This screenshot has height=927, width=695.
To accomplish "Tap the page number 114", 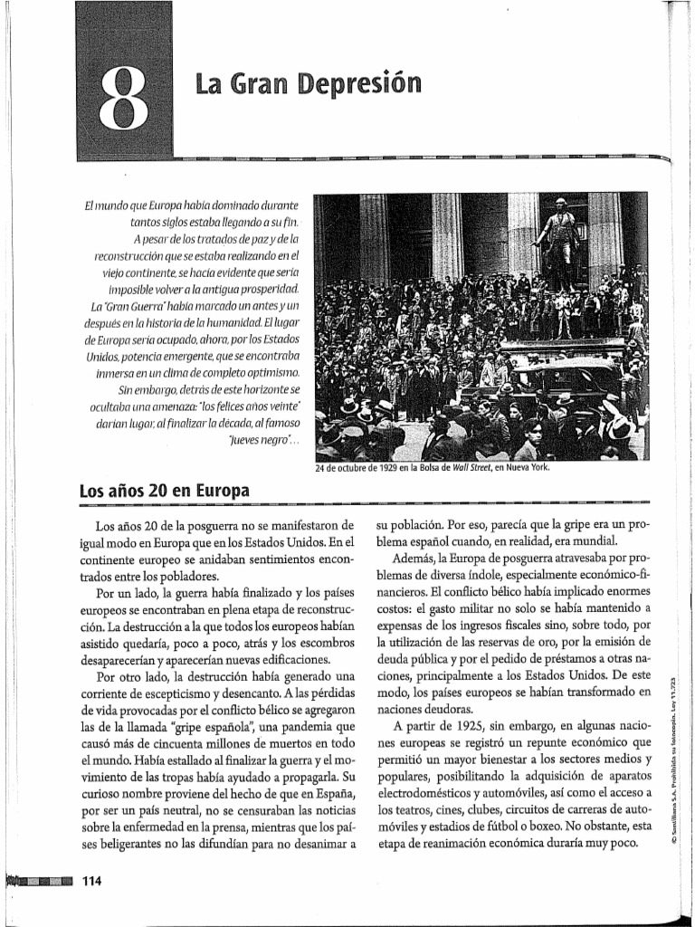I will (93, 882).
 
